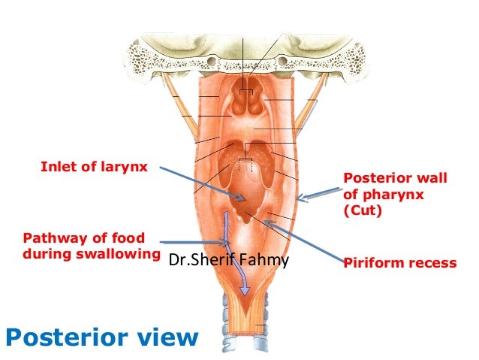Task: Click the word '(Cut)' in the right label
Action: tap(363, 211)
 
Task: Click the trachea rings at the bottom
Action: tap(240, 331)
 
